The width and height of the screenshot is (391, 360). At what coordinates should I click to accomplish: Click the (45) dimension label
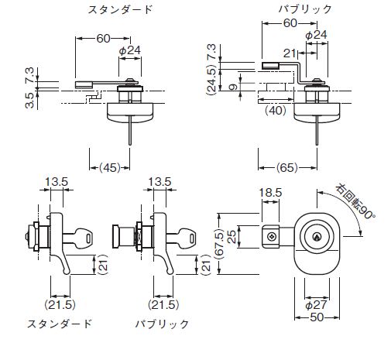(110, 168)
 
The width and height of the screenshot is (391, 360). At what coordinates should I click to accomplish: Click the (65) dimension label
(287, 168)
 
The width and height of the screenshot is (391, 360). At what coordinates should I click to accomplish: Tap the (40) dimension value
(276, 111)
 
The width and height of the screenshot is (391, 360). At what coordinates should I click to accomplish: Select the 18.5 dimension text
(270, 193)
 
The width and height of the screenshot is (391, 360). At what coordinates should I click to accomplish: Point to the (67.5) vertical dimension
(220, 244)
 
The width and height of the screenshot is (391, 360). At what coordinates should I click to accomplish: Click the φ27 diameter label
(316, 305)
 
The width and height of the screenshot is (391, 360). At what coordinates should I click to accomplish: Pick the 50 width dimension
(317, 317)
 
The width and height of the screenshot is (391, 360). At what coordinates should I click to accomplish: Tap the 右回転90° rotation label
(355, 202)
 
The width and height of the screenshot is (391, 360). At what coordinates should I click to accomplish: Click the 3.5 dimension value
(29, 101)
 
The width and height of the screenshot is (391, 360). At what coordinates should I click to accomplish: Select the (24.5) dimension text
(211, 80)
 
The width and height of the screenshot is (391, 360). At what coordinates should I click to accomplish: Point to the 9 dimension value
(233, 87)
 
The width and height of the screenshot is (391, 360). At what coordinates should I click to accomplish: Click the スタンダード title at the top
(120, 10)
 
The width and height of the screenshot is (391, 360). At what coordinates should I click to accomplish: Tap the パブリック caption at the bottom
(163, 324)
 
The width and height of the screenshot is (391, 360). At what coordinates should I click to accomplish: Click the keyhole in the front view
(317, 237)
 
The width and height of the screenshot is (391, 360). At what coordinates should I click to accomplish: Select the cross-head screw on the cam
(271, 237)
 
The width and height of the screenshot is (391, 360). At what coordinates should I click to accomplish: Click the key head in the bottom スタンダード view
(83, 238)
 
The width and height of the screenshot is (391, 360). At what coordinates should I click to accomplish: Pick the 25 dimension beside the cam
(232, 237)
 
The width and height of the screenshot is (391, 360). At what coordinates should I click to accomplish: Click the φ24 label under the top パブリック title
(316, 35)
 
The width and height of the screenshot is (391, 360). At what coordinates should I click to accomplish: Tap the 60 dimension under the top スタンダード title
(103, 39)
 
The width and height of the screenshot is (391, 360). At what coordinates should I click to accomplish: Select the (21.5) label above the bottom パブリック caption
(163, 305)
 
